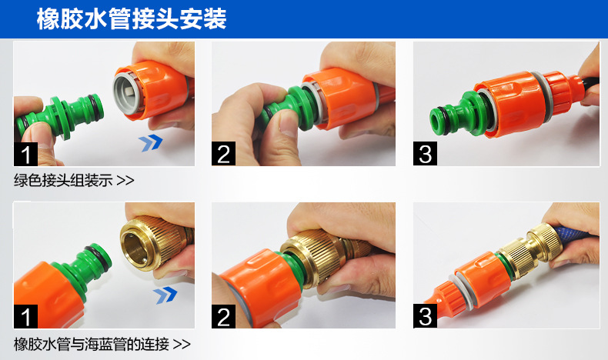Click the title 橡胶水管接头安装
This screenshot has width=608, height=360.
click(132, 18)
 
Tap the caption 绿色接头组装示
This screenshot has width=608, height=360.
click(63, 180)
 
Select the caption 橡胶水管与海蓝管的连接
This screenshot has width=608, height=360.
click(92, 344)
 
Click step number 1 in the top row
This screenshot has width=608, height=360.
click(26, 154)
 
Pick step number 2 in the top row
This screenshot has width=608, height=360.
click(223, 154)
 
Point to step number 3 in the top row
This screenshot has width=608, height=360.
click(425, 154)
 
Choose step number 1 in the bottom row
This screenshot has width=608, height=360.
click(26, 316)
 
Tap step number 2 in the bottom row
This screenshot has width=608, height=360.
click(223, 316)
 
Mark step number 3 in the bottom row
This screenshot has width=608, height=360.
click(425, 316)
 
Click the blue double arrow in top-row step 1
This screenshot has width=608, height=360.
click(150, 142)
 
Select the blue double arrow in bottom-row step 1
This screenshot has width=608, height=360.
click(165, 295)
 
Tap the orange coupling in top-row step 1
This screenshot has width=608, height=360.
click(153, 91)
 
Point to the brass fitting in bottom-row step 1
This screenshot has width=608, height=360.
click(156, 242)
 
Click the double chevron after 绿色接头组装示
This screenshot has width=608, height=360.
click(125, 181)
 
